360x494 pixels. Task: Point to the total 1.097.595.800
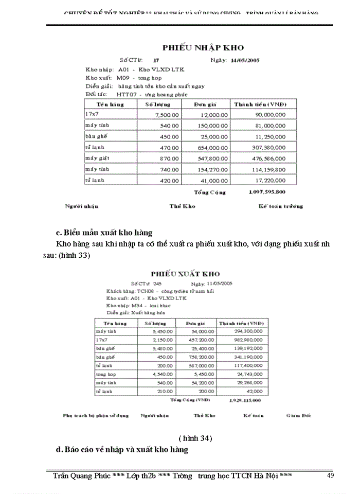click(267, 192)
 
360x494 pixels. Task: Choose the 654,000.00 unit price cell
click(215, 147)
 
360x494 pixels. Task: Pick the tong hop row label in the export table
click(104, 374)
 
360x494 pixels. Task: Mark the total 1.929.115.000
click(245, 399)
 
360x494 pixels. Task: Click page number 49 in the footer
click(331, 476)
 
